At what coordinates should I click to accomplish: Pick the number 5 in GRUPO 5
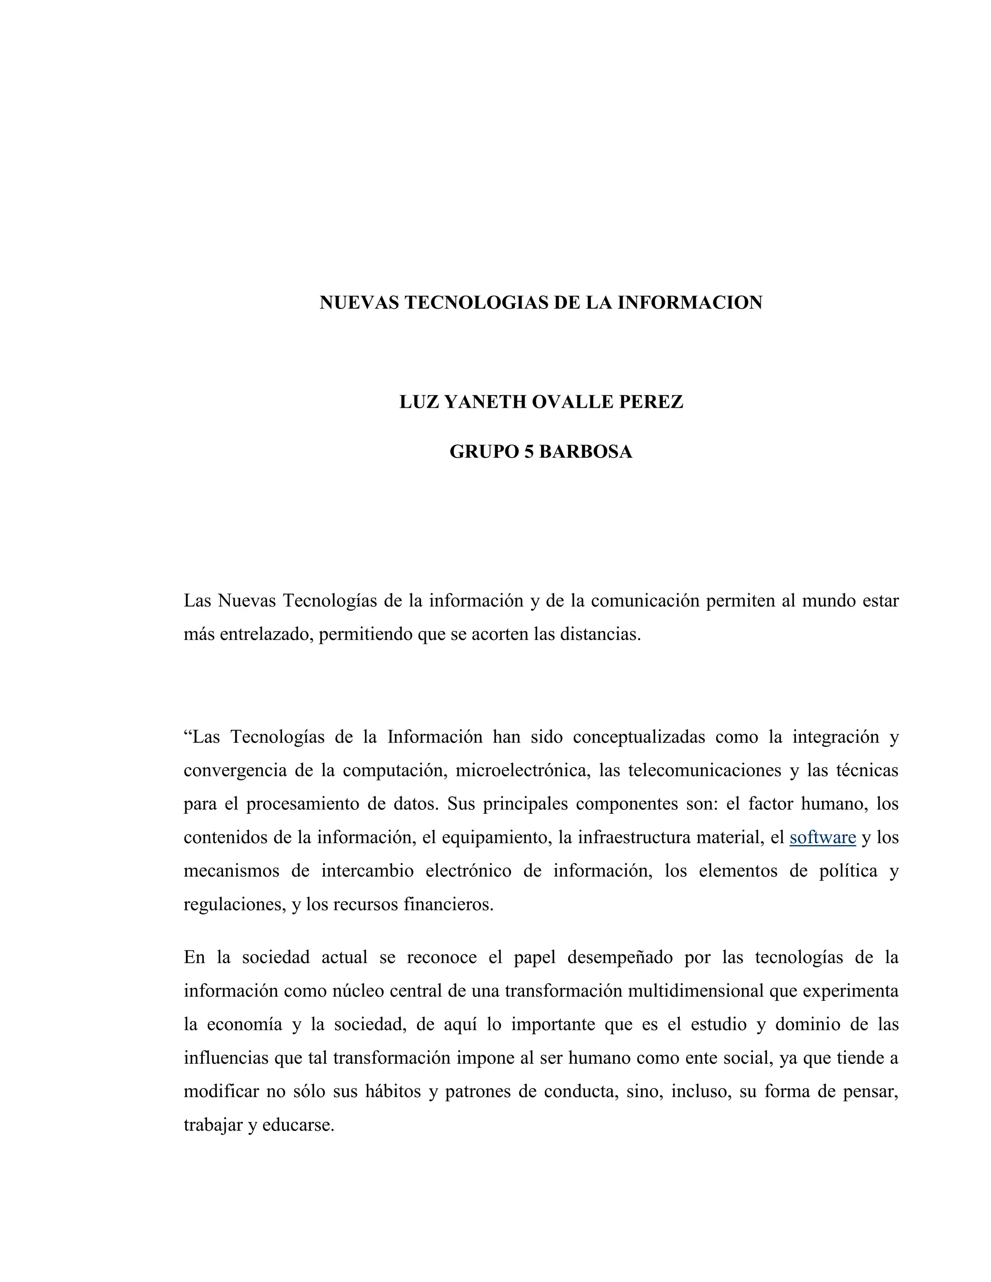tap(528, 451)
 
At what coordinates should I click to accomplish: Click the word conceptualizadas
tap(639, 737)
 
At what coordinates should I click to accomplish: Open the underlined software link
tap(823, 837)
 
